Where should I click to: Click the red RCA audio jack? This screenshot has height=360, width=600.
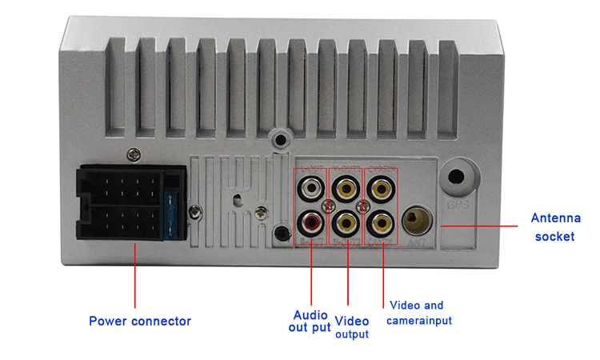pyautogui.click(x=310, y=219)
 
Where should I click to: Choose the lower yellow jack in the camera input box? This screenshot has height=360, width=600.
pyautogui.click(x=381, y=219)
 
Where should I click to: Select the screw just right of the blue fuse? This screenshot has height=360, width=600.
pyautogui.click(x=194, y=212)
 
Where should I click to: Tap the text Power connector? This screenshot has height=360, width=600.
pyautogui.click(x=140, y=322)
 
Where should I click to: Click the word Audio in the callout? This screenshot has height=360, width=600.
pyautogui.click(x=310, y=314)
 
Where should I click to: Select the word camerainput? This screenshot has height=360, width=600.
pyautogui.click(x=420, y=321)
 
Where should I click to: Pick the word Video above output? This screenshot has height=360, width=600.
pyautogui.click(x=351, y=321)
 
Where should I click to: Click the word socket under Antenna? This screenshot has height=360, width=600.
pyautogui.click(x=554, y=236)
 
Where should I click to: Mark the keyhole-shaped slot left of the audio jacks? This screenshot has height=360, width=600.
pyautogui.click(x=237, y=198)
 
